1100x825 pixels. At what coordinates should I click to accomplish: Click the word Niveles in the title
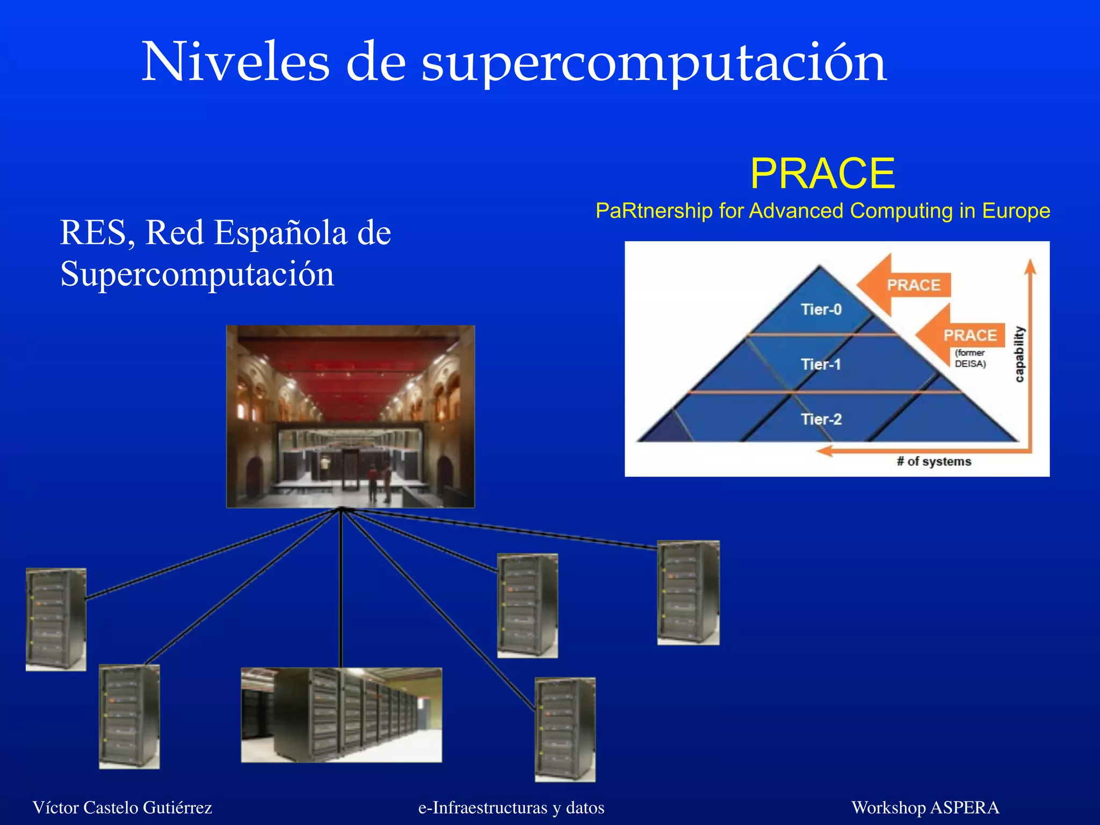click(235, 63)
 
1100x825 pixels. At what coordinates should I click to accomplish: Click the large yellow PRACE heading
click(822, 173)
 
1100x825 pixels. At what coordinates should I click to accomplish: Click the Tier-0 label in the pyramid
click(821, 309)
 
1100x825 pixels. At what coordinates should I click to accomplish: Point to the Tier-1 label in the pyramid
click(820, 364)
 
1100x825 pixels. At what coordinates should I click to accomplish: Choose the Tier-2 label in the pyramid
click(821, 419)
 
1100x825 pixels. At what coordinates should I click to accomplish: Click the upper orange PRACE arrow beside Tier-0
click(908, 285)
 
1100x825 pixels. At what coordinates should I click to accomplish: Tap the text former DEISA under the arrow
click(969, 358)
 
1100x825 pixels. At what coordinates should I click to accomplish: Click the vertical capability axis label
click(1019, 354)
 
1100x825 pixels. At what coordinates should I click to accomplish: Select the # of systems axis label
click(933, 461)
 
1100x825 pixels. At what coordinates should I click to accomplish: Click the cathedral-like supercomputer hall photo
click(350, 416)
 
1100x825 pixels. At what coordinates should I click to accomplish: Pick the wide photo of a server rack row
click(341, 714)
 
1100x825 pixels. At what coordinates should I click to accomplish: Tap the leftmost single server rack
click(56, 619)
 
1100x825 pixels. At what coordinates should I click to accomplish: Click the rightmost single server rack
click(688, 592)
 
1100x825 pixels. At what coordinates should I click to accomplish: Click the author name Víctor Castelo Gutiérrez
click(122, 807)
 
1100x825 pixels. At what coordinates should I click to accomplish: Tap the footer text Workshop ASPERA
click(925, 807)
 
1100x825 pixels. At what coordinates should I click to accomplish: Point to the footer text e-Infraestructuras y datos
click(511, 807)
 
